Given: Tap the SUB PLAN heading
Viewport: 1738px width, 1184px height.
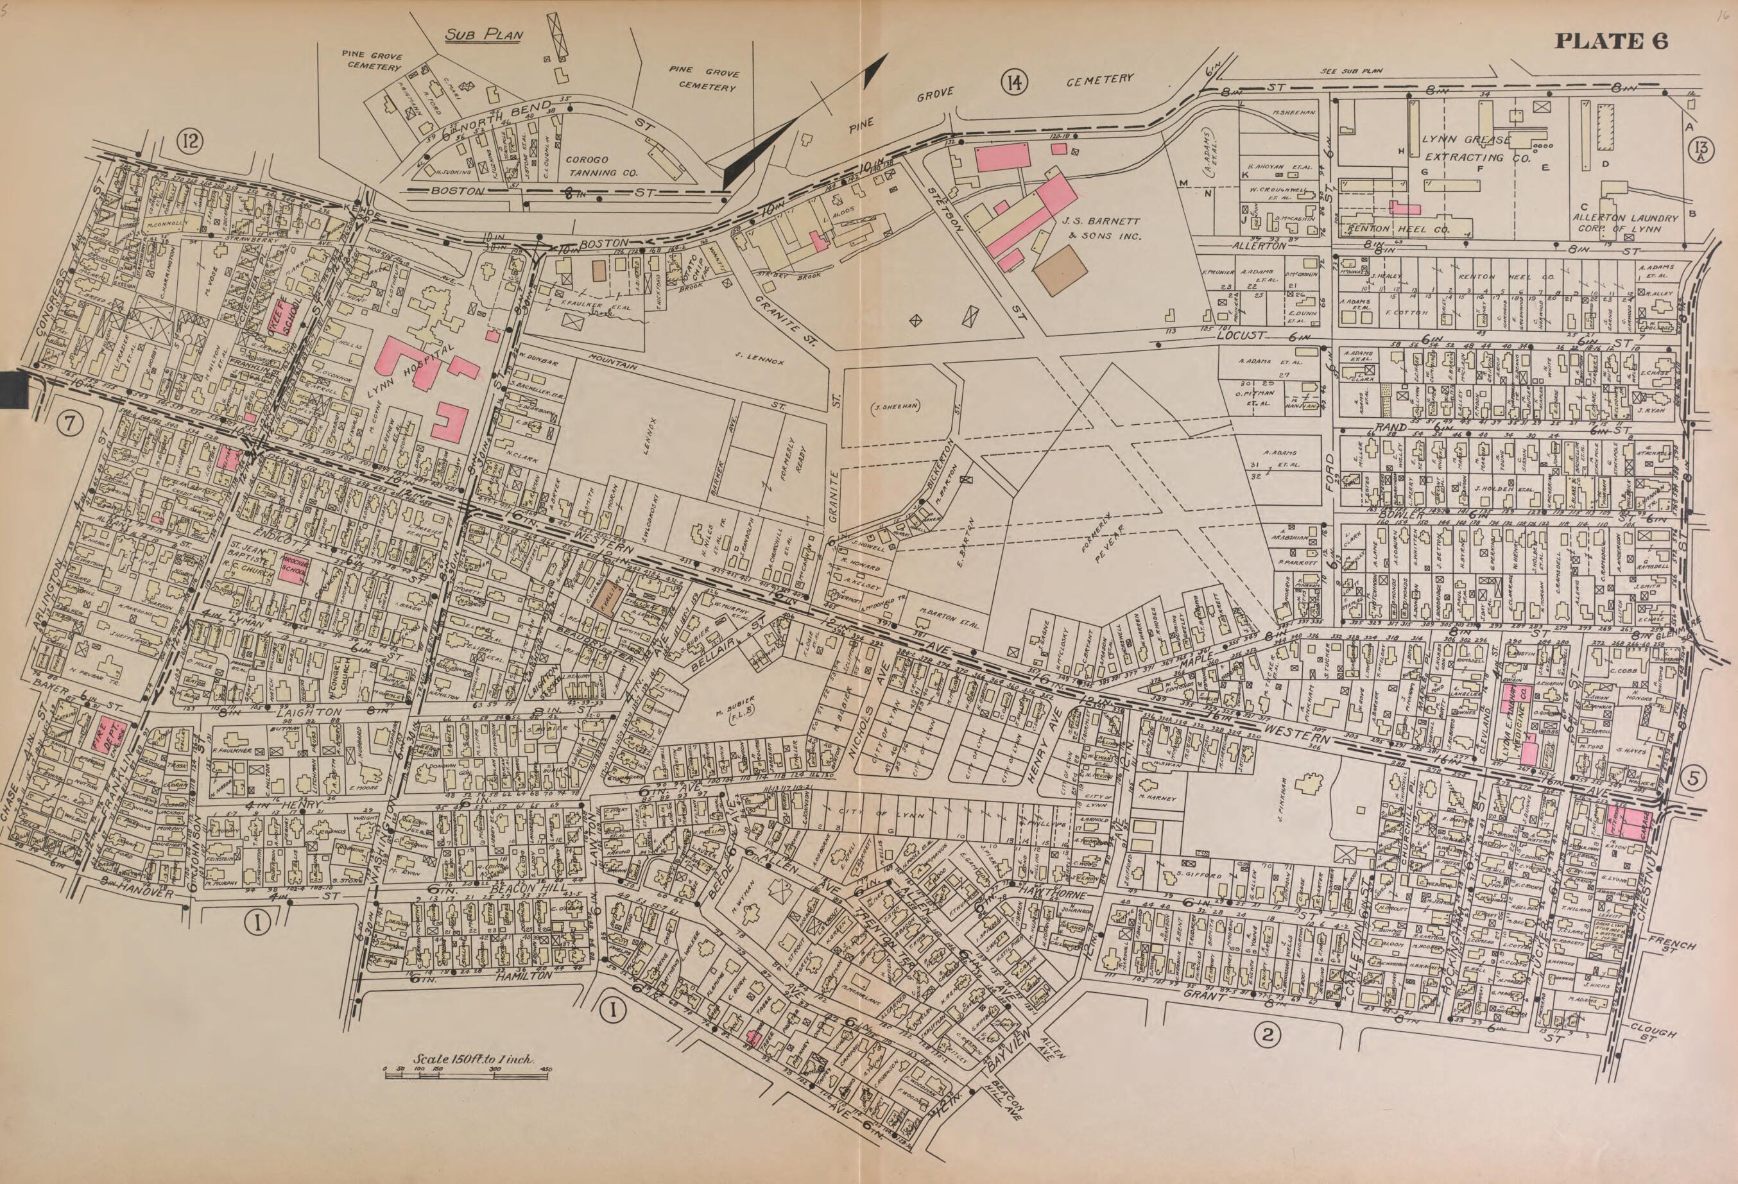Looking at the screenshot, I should click(484, 35).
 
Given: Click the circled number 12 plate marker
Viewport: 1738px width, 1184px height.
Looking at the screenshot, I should click(190, 140).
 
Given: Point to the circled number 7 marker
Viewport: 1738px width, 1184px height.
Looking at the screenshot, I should click(69, 424).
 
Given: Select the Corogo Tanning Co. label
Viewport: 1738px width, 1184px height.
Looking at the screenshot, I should click(601, 166).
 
